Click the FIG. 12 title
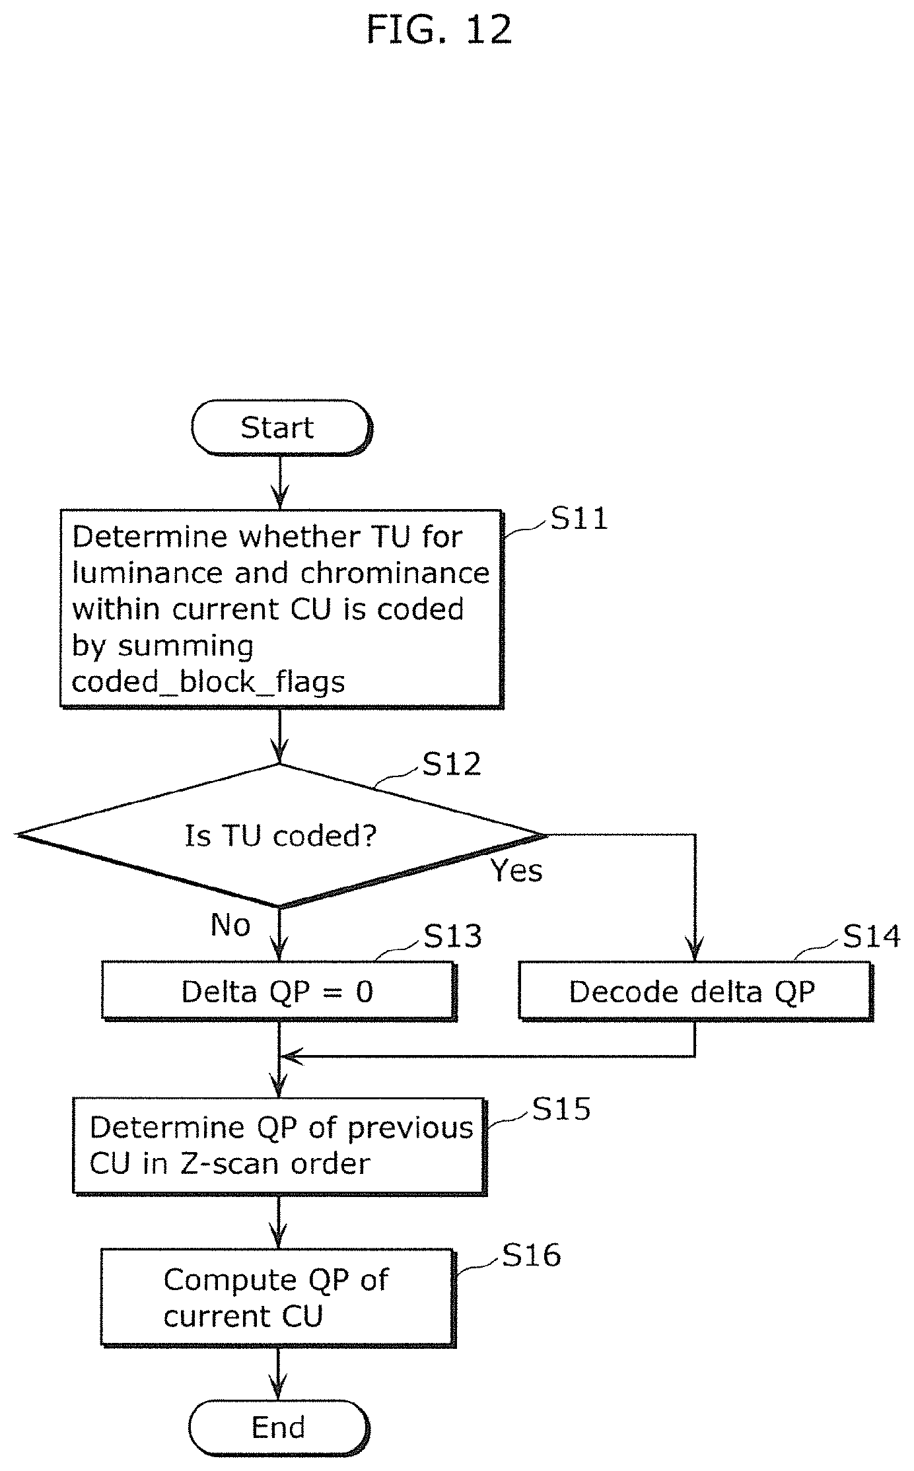point(439,30)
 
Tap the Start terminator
point(281,427)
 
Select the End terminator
point(279,1428)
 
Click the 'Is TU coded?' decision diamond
point(281,836)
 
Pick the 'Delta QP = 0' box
point(279,991)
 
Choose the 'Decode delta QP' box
point(695,991)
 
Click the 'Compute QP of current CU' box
point(278,1298)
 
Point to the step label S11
point(579,518)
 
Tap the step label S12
point(452,764)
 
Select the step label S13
point(452,936)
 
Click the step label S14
point(872,936)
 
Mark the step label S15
point(561,1109)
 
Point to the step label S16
point(532,1255)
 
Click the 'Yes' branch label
point(516,871)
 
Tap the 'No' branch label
point(230,925)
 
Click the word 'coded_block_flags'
point(208,682)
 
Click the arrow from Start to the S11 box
point(280,482)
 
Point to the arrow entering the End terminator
point(279,1373)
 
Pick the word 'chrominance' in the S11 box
point(394,573)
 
